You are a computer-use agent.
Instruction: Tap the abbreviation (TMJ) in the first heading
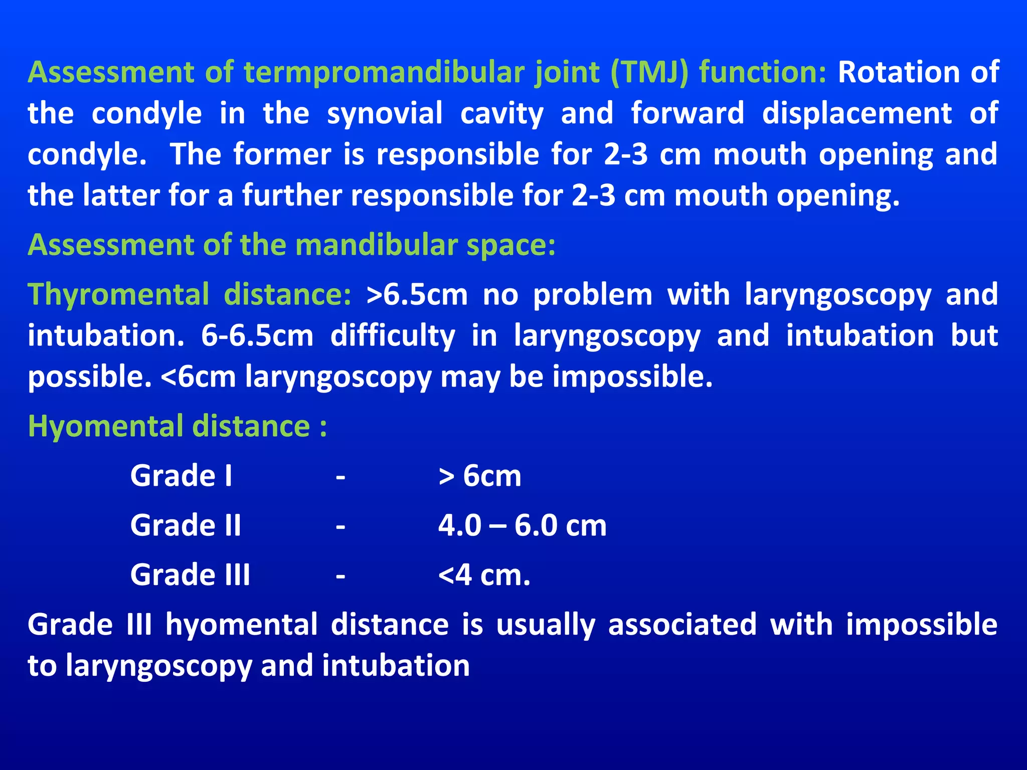click(x=650, y=73)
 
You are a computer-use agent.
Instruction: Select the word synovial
click(x=385, y=114)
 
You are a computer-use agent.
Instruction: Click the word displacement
click(x=857, y=114)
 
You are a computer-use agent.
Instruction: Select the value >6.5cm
click(x=417, y=295)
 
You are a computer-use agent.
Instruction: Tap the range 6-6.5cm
click(x=257, y=336)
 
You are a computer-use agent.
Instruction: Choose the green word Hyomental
click(x=106, y=427)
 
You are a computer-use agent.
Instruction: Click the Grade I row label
click(x=182, y=476)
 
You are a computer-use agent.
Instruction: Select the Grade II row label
click(x=186, y=525)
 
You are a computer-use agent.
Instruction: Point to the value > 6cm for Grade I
click(x=480, y=476)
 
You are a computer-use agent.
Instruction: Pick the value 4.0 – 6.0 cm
click(x=522, y=525)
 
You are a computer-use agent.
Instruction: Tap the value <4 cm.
click(x=484, y=575)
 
